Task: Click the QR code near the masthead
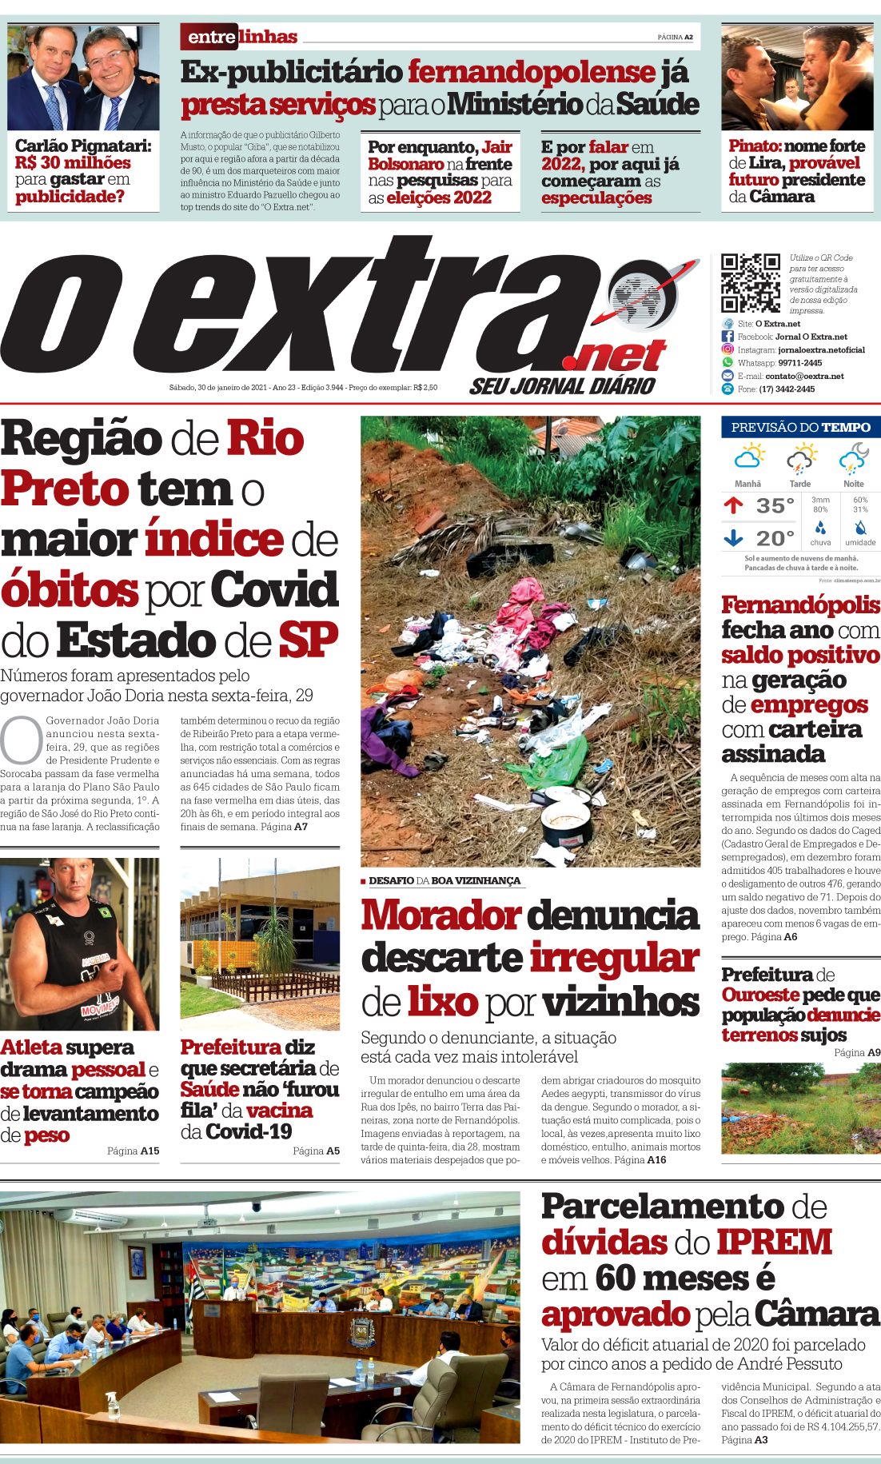[750, 282]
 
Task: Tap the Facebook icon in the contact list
[728, 337]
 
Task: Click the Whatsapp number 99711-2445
[799, 363]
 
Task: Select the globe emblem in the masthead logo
[641, 297]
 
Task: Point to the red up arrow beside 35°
[733, 505]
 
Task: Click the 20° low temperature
[775, 539]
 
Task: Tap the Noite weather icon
[854, 460]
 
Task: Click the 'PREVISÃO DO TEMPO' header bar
[800, 427]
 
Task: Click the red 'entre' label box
[211, 37]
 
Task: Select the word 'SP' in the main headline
[308, 640]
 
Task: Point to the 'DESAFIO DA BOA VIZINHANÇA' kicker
[444, 880]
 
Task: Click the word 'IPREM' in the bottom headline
[774, 1242]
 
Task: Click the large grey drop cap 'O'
[21, 740]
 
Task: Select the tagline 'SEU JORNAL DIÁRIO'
[562, 386]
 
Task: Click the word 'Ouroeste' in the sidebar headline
[759, 995]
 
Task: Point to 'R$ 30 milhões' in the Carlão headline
[72, 162]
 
